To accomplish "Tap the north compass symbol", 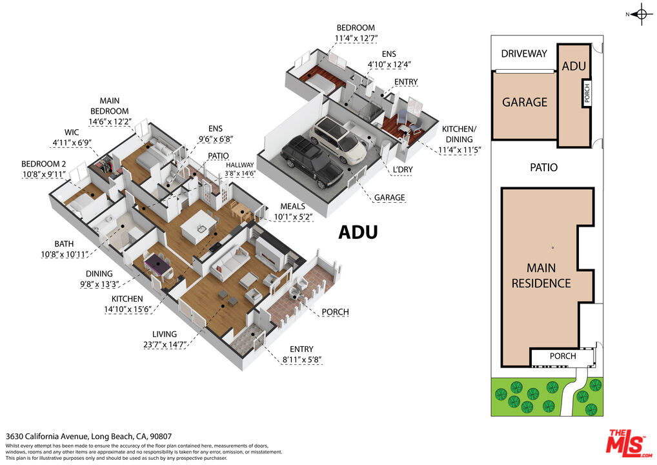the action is [x=641, y=14].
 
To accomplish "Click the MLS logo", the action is [x=629, y=444].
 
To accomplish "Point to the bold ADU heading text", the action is [x=358, y=232].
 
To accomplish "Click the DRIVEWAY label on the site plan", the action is [x=524, y=54].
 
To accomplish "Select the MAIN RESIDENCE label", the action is [x=541, y=276].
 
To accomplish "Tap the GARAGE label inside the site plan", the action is [x=525, y=102].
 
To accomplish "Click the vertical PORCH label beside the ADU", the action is [x=587, y=92].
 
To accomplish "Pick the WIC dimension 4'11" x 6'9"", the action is [x=72, y=143].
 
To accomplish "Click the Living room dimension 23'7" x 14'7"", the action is [x=164, y=345].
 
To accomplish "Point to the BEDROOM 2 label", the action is [x=44, y=164].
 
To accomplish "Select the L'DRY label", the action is [x=403, y=169].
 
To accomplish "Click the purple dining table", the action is [x=157, y=264].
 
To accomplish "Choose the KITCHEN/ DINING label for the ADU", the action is [x=460, y=134].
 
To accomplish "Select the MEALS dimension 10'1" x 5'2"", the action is [x=293, y=217].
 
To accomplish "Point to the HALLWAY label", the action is [x=240, y=165].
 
